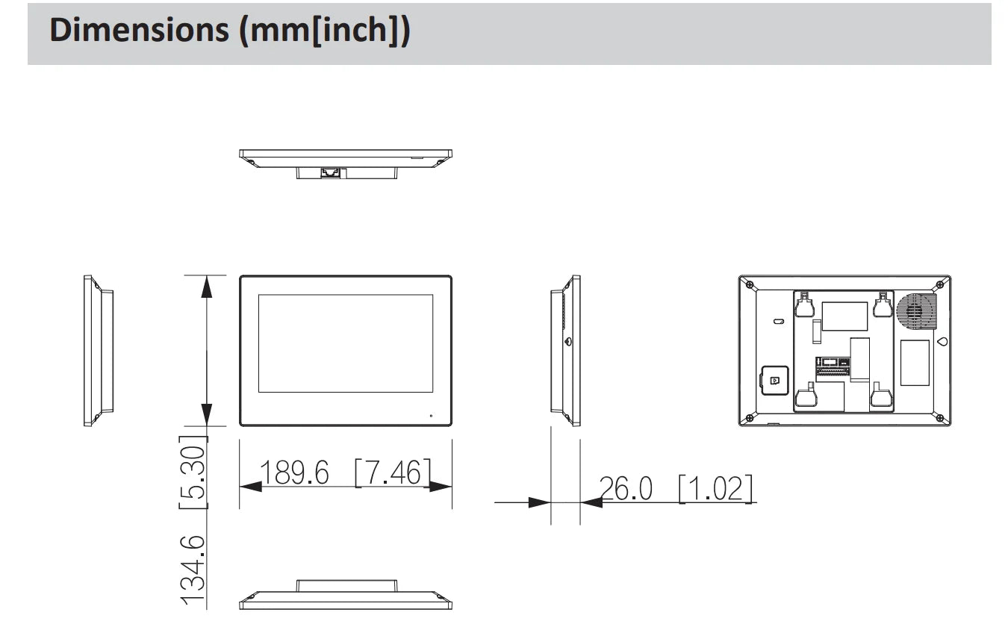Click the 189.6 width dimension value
point(294,472)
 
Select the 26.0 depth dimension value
point(626,489)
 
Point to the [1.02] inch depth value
point(715,489)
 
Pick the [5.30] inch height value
point(193,472)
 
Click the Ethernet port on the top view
point(330,172)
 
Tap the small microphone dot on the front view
point(431,415)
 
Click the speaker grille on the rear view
point(916,311)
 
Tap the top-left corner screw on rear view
point(750,285)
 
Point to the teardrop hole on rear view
point(942,342)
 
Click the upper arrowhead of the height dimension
point(207,287)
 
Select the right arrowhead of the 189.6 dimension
point(441,487)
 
